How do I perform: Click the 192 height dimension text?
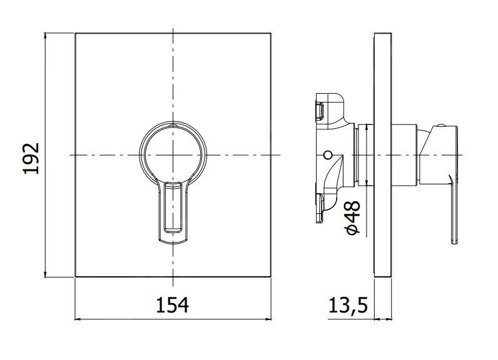(32, 159)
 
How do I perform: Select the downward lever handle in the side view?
(453, 209)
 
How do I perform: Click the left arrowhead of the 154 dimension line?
(78, 319)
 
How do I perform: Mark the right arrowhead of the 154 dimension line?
(268, 319)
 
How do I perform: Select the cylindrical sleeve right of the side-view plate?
(404, 154)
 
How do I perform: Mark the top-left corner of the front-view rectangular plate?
(75, 32)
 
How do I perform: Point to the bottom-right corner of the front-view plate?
(271, 277)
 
